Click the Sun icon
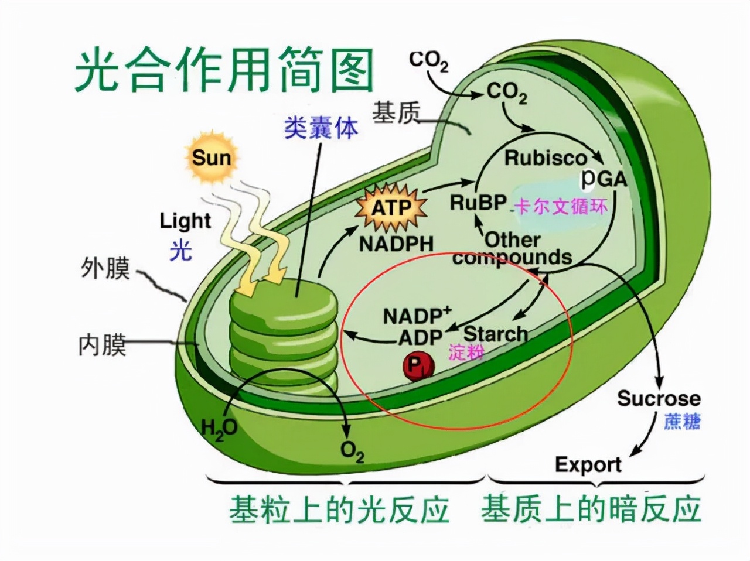click(x=212, y=157)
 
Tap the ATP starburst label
click(x=391, y=208)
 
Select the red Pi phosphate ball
click(x=417, y=366)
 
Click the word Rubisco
click(x=546, y=158)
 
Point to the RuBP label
click(x=478, y=203)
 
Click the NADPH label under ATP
click(x=396, y=244)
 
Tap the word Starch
click(x=495, y=334)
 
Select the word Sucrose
click(x=659, y=399)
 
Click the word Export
click(x=588, y=465)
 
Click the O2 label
click(x=352, y=452)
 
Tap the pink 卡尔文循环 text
click(x=560, y=207)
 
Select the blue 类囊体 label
click(x=321, y=127)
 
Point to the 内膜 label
click(x=103, y=345)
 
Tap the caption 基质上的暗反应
click(x=591, y=509)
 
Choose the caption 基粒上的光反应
click(x=339, y=509)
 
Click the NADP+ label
click(x=417, y=316)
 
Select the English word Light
click(x=185, y=221)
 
